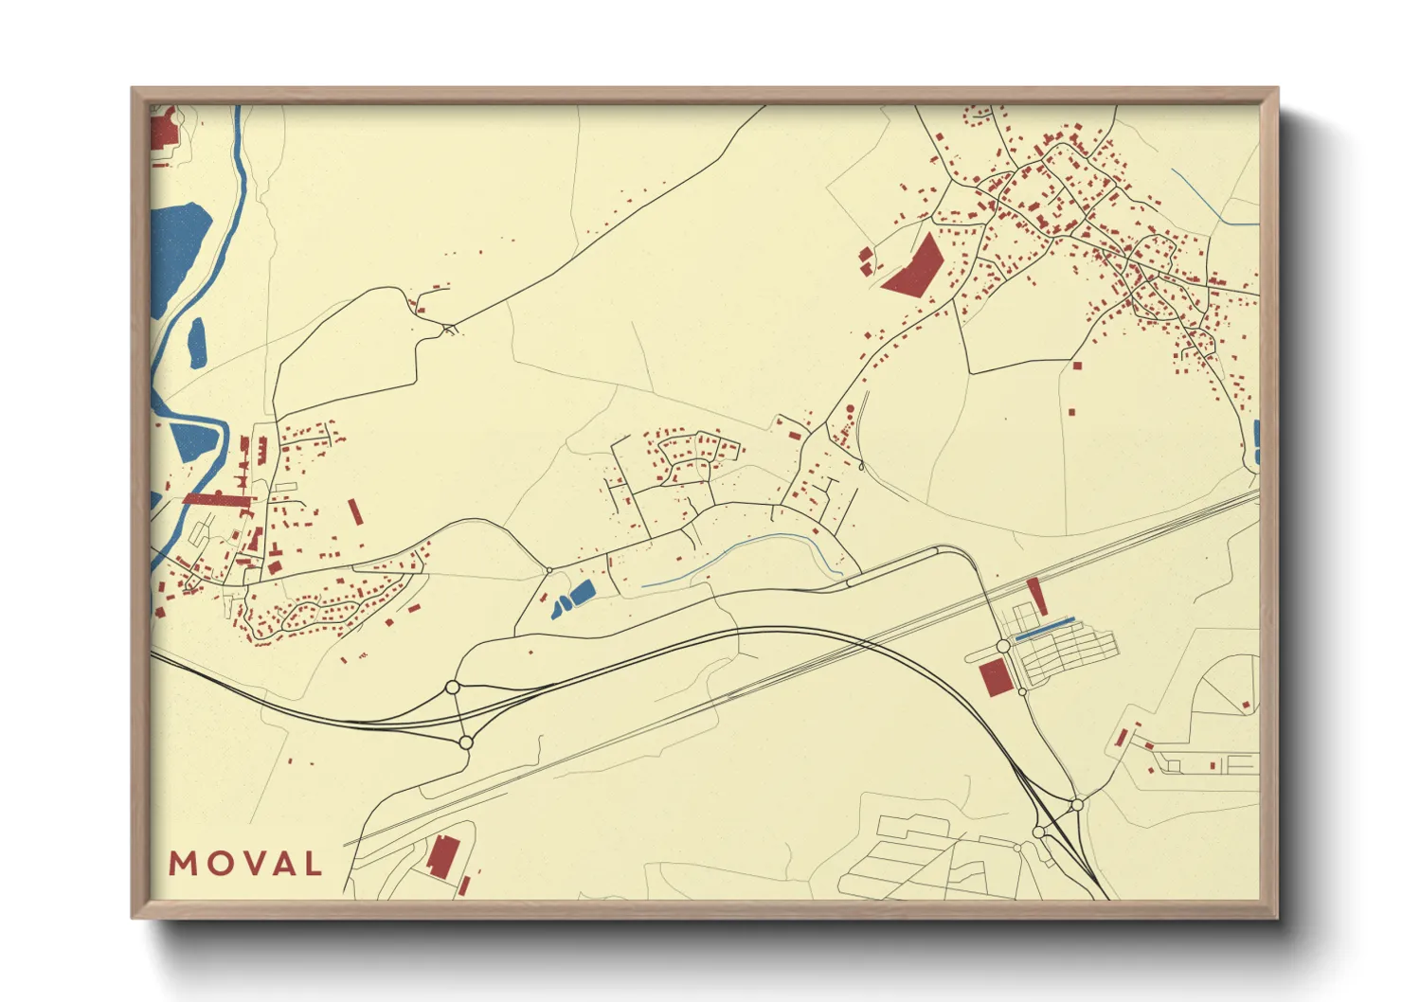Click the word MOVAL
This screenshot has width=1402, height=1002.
(x=245, y=864)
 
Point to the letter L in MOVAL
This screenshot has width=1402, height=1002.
(x=312, y=864)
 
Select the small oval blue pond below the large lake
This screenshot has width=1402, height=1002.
(x=197, y=343)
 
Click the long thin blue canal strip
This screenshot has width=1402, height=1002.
(x=1044, y=629)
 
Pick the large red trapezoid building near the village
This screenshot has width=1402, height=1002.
(x=913, y=266)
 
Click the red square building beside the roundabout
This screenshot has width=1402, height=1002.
(x=994, y=678)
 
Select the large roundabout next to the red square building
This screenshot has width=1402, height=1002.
(x=1003, y=646)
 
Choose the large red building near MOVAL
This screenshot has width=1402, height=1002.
(x=441, y=856)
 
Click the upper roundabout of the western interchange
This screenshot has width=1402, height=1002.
(x=453, y=687)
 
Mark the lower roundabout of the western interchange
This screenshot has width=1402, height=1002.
(x=465, y=743)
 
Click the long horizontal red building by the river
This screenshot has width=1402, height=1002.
(x=217, y=498)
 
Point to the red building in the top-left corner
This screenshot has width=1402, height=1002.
(x=164, y=131)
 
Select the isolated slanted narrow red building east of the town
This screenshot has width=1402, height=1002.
(x=355, y=511)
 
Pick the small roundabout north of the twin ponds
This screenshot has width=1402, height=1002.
(x=548, y=570)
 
